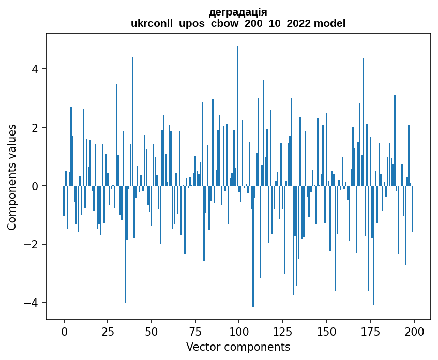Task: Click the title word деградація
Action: coord(238,12)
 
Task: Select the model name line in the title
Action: coord(238,24)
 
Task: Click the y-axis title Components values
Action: coord(11,177)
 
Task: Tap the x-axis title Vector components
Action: coord(238,347)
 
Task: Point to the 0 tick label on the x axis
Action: coord(64,331)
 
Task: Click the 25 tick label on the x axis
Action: coord(108,331)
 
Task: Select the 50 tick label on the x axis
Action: coord(152,331)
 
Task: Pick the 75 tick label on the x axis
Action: coord(195,331)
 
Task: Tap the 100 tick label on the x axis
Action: coord(239,331)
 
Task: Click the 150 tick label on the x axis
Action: coord(326,331)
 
